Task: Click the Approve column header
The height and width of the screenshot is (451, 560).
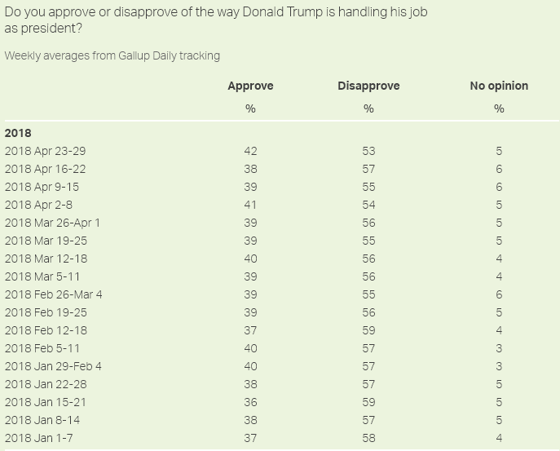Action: point(250,86)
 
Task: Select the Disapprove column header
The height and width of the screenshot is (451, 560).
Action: point(368,86)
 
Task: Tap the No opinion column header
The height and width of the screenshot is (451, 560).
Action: point(499,86)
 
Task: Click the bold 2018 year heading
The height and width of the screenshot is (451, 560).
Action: point(18,132)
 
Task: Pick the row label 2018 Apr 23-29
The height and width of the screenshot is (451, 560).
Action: point(45,151)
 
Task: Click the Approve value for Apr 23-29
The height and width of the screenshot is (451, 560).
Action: point(250,151)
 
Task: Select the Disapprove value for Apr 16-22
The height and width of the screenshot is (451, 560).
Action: point(368,169)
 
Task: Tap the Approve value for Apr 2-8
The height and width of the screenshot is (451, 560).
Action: point(250,205)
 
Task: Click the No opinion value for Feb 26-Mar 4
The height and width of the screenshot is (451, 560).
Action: point(499,294)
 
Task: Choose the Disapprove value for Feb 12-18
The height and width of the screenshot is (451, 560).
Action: point(368,330)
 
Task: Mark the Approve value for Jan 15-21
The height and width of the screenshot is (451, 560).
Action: point(250,402)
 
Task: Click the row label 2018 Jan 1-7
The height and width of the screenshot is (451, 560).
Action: point(40,438)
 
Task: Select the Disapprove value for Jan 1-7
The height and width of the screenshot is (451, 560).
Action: point(368,438)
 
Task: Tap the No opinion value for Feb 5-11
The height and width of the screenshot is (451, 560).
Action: point(499,348)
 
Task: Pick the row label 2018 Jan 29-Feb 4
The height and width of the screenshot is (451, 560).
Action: point(53,366)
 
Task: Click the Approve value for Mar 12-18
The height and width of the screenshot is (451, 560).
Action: point(250,259)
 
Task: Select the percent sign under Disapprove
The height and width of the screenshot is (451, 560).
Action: point(368,108)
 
